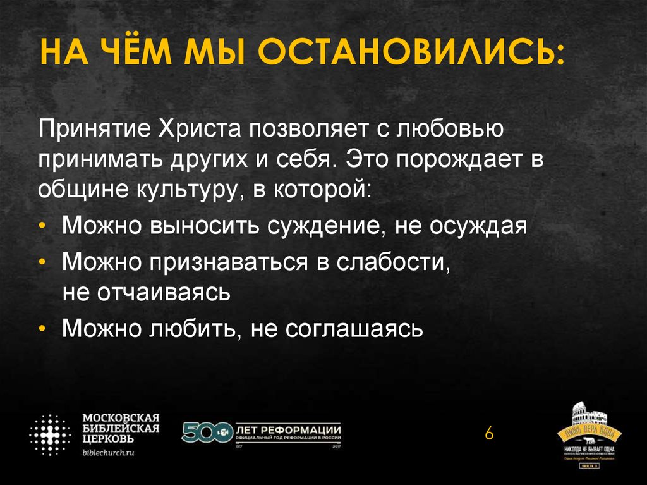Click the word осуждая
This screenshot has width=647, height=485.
click(x=478, y=226)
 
